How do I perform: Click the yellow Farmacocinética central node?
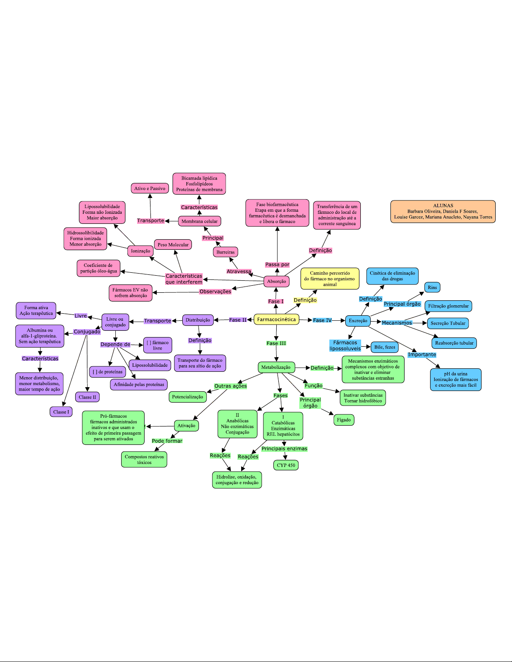[x=276, y=319]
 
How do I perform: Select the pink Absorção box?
[x=276, y=281]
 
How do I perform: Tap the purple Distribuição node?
[x=198, y=320]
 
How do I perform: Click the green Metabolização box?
[x=276, y=367]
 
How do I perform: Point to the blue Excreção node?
[x=358, y=320]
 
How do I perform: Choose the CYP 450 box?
[x=286, y=465]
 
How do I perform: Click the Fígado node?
[x=344, y=420]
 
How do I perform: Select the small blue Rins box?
[x=432, y=287]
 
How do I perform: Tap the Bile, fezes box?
[x=385, y=347]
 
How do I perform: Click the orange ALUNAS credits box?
[x=443, y=211]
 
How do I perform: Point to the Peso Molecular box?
[x=173, y=245]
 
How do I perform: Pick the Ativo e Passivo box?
[x=150, y=188]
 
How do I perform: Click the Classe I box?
[x=61, y=412]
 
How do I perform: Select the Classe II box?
[x=87, y=397]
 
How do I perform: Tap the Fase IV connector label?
[x=322, y=320]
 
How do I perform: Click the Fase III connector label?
[x=276, y=343]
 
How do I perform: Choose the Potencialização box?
[x=187, y=397]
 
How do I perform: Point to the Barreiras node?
[x=226, y=252]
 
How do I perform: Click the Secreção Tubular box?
[x=448, y=323]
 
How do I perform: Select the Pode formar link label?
[x=167, y=441]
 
